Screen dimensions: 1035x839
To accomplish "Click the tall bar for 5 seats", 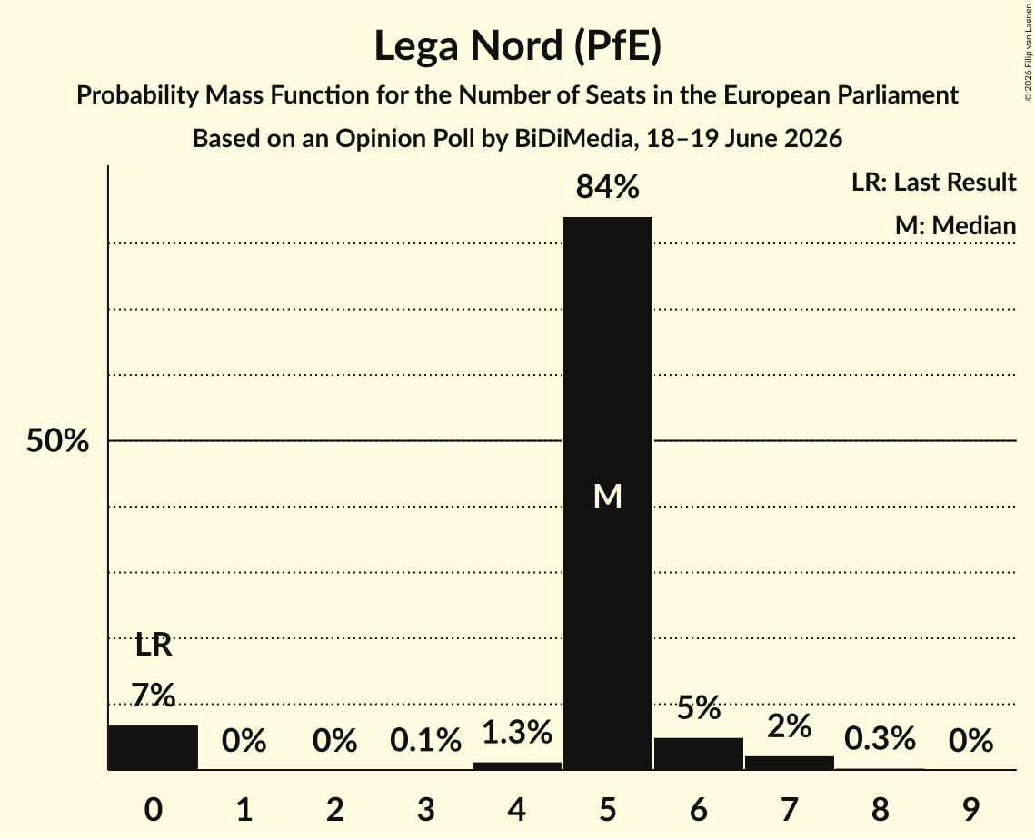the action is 607,493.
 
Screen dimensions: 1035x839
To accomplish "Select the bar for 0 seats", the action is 154,747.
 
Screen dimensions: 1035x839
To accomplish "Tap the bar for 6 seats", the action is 699,754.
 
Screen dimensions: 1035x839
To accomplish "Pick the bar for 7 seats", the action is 790,763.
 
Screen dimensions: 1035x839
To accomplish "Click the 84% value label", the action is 607,187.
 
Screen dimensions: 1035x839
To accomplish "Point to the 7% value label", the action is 154,696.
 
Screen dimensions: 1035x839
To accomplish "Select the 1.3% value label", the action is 517,732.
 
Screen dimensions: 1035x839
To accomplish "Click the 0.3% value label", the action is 880,739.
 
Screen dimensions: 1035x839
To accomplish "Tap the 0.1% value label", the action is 426,740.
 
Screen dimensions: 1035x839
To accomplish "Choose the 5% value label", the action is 699,707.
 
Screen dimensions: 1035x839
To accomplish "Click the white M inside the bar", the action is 607,496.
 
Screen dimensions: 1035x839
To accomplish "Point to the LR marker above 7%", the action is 154,645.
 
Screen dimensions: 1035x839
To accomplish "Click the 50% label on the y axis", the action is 57,440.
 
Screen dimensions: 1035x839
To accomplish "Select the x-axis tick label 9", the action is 970,809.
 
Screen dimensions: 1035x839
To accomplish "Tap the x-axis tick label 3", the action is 426,809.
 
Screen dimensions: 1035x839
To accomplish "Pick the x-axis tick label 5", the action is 607,809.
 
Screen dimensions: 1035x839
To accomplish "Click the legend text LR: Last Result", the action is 933,182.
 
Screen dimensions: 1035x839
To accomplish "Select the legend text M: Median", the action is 955,225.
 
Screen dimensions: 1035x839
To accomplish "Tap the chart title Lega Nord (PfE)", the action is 518,45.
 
